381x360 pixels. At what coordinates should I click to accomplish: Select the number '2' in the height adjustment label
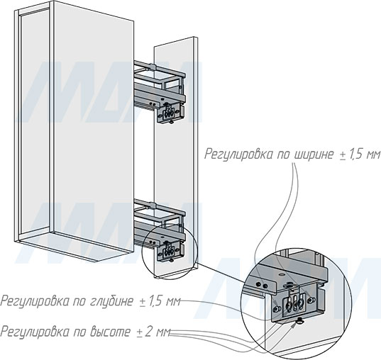(148, 332)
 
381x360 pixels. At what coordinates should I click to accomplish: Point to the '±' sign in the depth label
(142, 302)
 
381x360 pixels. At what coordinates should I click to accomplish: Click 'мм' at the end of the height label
(161, 333)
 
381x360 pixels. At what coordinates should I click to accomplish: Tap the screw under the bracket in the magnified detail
(300, 322)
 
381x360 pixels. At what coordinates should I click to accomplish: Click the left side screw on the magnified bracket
(277, 309)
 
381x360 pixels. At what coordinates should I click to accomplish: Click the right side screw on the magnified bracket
(310, 300)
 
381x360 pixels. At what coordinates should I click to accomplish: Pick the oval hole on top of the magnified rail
(282, 274)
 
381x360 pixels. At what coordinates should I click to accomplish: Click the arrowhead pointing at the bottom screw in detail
(294, 325)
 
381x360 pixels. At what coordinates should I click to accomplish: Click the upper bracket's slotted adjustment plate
(168, 112)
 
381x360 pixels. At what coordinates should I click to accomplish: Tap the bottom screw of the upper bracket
(171, 122)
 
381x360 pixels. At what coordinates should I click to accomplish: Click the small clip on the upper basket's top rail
(152, 67)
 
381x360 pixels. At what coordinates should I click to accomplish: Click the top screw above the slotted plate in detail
(289, 283)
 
